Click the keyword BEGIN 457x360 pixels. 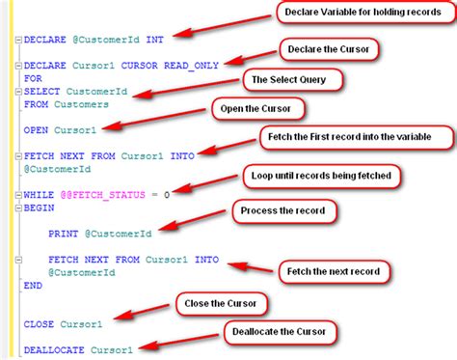39,207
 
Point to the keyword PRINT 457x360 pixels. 65,232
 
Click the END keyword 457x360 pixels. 33,285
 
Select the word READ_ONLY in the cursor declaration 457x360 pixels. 193,66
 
